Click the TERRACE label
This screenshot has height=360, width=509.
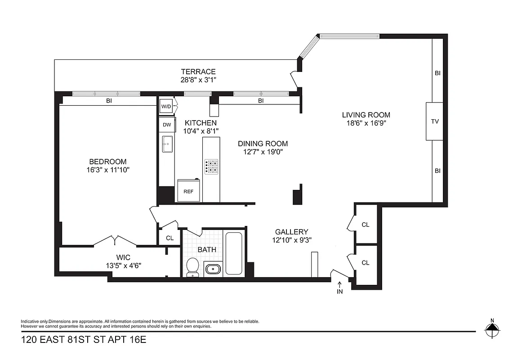198,72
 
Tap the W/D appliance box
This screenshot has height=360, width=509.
166,107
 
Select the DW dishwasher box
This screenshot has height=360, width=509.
167,125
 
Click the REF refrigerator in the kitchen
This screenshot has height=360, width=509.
188,191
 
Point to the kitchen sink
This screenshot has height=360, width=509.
167,144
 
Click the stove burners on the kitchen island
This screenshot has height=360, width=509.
211,166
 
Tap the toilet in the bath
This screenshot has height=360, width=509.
193,266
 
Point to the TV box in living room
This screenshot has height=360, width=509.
435,121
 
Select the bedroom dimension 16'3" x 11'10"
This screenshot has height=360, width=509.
107,170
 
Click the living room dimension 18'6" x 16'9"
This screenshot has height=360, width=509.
366,122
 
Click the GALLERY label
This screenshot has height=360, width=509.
291,232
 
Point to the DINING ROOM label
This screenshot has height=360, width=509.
263,144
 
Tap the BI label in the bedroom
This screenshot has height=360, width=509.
109,101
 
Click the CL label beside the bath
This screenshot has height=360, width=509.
170,238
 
